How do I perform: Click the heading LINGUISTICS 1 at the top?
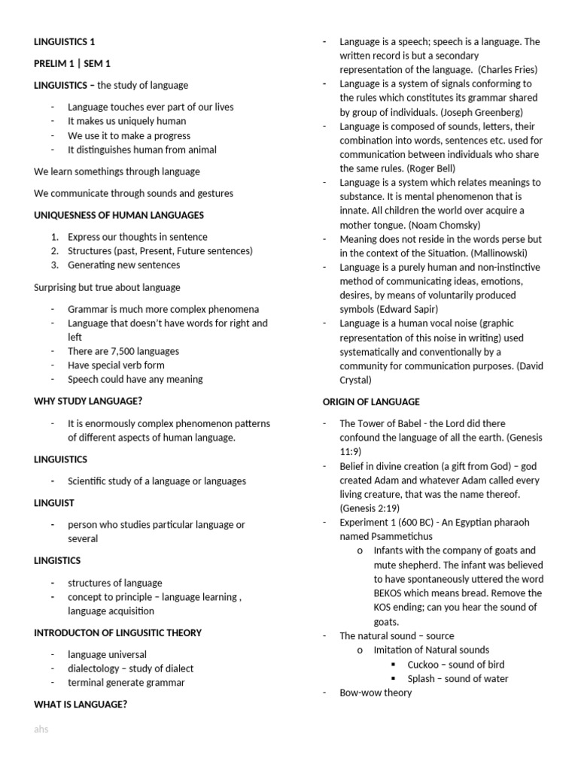[65, 42]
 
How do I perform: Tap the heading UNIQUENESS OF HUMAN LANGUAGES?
[119, 215]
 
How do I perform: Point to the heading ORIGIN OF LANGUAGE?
[371, 402]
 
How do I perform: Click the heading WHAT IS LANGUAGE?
[81, 705]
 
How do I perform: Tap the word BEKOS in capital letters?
[391, 593]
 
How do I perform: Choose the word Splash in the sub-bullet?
[422, 679]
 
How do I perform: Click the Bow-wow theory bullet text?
[376, 693]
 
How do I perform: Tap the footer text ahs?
[41, 729]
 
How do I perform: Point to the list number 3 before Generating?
[55, 265]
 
